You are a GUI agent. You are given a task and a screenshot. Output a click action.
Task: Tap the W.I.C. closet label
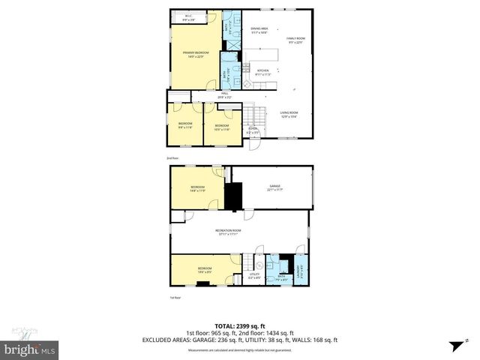(189, 19)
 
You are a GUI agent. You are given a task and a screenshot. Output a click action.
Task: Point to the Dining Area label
(259, 30)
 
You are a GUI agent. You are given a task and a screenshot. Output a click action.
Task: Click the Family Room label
(297, 40)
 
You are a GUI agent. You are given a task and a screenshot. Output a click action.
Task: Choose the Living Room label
(289, 114)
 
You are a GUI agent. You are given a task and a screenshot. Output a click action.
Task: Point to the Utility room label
(254, 276)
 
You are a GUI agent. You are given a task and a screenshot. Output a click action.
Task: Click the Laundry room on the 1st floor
(301, 269)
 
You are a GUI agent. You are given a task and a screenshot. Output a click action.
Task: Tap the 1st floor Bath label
(281, 277)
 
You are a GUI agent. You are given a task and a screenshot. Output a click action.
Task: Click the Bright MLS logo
(30, 349)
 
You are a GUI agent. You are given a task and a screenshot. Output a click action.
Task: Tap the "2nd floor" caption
(172, 158)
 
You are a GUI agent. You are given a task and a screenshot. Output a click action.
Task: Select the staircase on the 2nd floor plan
(254, 116)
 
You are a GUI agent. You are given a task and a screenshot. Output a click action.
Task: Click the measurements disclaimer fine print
(239, 350)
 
